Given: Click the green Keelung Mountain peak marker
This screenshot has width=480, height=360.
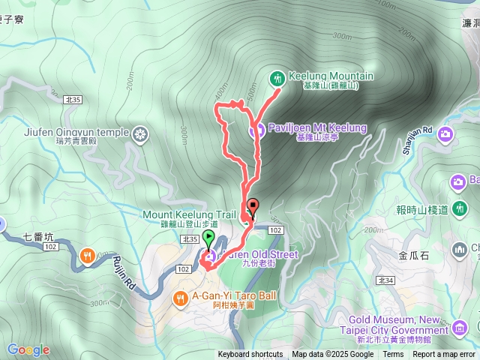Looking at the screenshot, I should (277, 77).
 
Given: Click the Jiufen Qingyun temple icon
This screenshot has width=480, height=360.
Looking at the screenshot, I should (140, 135).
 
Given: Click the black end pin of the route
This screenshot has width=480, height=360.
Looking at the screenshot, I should (252, 205).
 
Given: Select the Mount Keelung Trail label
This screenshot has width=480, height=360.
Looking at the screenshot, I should (189, 214).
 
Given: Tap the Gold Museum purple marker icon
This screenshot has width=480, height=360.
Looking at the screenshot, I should (458, 327).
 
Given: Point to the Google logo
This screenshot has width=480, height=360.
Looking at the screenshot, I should (28, 349).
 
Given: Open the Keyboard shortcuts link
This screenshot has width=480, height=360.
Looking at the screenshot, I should (250, 355).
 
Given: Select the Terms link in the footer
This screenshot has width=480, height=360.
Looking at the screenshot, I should (393, 355).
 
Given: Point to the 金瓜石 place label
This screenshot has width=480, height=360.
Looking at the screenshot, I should (414, 255).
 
